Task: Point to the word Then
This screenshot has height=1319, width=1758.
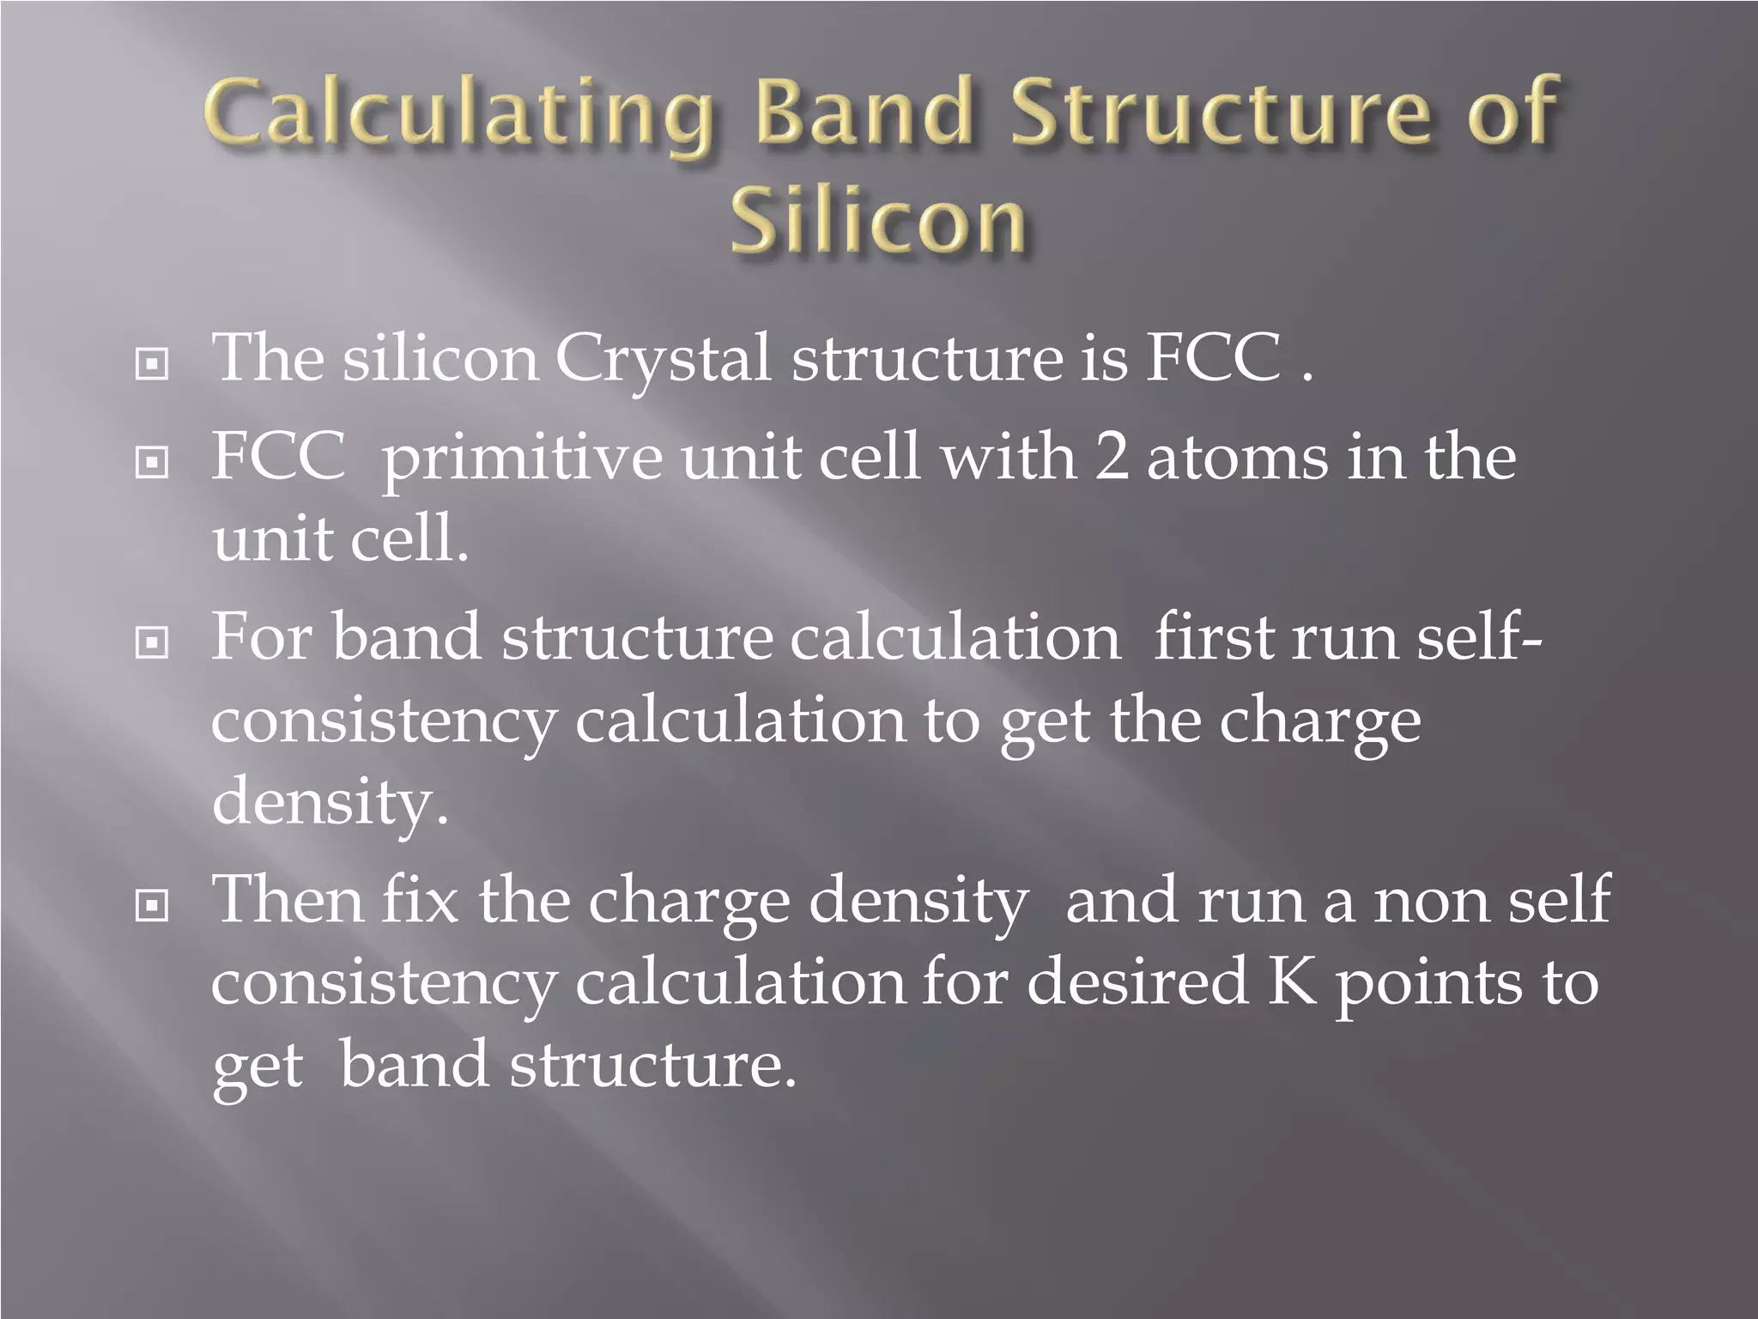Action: coord(288,900)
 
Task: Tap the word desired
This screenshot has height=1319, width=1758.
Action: coord(1137,982)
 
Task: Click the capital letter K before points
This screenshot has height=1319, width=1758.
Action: coord(1292,982)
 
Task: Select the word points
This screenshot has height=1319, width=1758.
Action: coord(1428,986)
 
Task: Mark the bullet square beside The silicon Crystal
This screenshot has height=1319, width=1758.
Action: coord(152,366)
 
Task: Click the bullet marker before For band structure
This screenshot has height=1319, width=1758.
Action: coord(152,642)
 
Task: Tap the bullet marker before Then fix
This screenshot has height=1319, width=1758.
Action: coord(152,905)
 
